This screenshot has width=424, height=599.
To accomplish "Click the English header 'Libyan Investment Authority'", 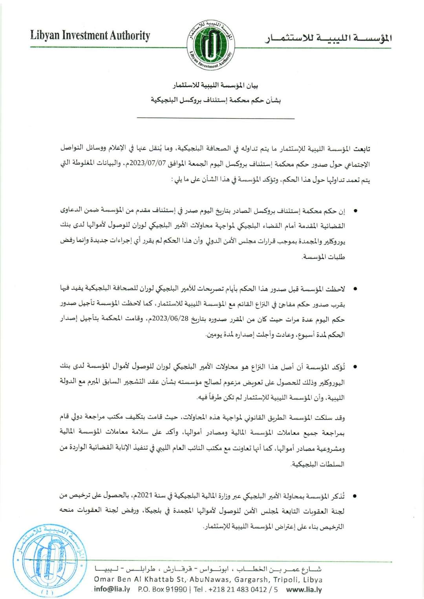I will (x=90, y=36).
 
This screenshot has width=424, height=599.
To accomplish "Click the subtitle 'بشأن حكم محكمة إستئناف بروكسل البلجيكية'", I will (x=216, y=100).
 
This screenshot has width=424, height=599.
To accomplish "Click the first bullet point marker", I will (x=355, y=211).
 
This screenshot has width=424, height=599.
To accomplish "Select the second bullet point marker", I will (x=355, y=289).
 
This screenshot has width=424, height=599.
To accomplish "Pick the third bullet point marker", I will (x=355, y=367).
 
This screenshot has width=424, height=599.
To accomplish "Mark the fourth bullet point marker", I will (x=355, y=496).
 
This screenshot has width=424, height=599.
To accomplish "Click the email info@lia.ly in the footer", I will (x=112, y=589).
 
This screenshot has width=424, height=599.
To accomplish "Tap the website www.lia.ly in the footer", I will (x=304, y=589).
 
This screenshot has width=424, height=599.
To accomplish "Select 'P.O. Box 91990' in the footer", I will (x=163, y=589).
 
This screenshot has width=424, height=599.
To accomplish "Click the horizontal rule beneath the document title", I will (x=216, y=118).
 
